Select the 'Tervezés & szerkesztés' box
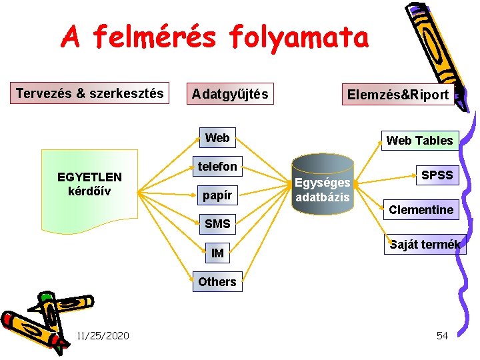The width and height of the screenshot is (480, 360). tap(90, 93)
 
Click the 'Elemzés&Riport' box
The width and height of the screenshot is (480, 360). tap(398, 94)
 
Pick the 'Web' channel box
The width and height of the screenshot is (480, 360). tap(217, 138)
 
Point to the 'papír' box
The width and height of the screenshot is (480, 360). tap(217, 195)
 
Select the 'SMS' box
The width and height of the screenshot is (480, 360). tap(217, 224)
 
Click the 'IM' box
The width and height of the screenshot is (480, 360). tap(217, 253)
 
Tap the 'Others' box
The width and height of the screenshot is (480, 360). tap(217, 281)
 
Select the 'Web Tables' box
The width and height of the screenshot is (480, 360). tap(419, 140)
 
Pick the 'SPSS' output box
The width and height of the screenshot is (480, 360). tap(437, 175)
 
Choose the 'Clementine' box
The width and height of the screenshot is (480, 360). tap(421, 210)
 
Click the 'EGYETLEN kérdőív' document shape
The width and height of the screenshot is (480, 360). tap(89, 184)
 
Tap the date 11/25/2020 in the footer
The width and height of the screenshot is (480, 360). tap(103, 335)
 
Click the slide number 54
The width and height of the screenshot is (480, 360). tap(442, 335)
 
